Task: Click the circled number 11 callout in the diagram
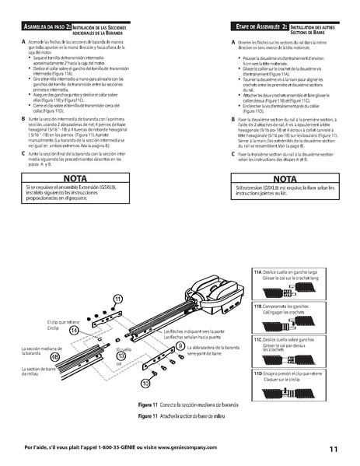pyautogui.click(x=118, y=298)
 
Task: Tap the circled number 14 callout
pyautogui.click(x=74, y=330)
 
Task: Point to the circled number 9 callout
pyautogui.click(x=180, y=345)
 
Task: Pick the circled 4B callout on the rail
pyautogui.click(x=54, y=356)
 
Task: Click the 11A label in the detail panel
pyautogui.click(x=257, y=272)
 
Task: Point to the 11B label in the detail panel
pyautogui.click(x=257, y=307)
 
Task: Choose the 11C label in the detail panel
pyautogui.click(x=257, y=340)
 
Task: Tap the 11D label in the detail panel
pyautogui.click(x=257, y=373)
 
